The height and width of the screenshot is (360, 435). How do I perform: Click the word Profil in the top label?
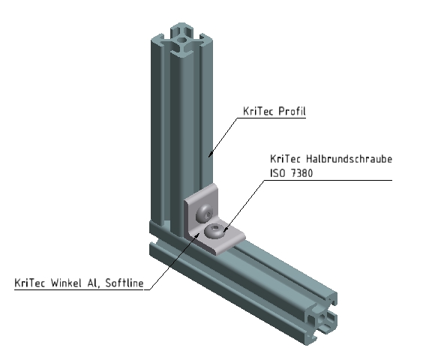(x=292, y=112)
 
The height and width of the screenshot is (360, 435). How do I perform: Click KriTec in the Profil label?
(x=258, y=112)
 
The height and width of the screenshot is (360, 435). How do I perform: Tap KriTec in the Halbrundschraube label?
(x=286, y=160)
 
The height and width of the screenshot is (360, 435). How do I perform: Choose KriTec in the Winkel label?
(x=31, y=283)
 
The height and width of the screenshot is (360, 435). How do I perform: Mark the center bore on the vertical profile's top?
(x=180, y=34)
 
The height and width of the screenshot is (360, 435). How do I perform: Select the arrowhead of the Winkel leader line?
(x=199, y=232)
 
